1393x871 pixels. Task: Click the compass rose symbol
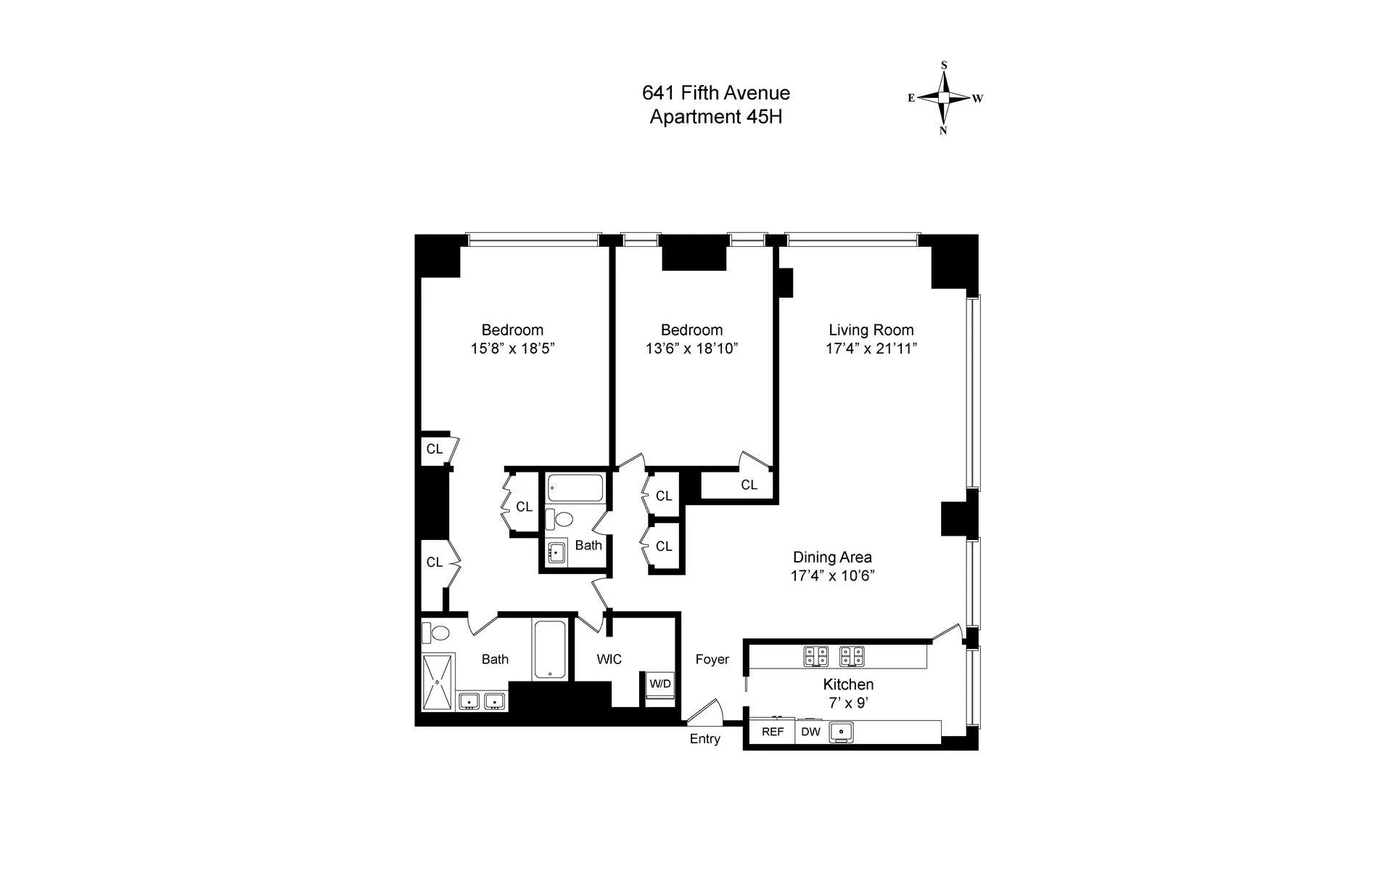tap(943, 98)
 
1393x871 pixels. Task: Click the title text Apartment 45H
tap(715, 117)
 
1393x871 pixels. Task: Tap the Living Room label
tap(871, 330)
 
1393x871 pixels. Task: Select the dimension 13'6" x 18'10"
tap(691, 348)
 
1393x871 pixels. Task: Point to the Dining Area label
tap(832, 557)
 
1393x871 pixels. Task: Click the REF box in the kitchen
tap(772, 732)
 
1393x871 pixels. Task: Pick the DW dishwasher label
tap(810, 732)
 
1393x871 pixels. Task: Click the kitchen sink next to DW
tap(842, 732)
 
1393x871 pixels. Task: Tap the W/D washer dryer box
tap(660, 684)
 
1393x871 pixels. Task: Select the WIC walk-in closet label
tap(609, 659)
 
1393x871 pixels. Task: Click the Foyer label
tap(712, 659)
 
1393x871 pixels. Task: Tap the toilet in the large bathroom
tap(437, 633)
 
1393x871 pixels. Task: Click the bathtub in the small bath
tap(575, 488)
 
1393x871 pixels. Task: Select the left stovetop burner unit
tap(816, 656)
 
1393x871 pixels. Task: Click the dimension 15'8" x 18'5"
tap(512, 348)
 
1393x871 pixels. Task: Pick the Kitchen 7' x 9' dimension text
tap(847, 703)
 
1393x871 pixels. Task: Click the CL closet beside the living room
tap(749, 485)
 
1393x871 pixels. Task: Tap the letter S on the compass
tap(944, 65)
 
